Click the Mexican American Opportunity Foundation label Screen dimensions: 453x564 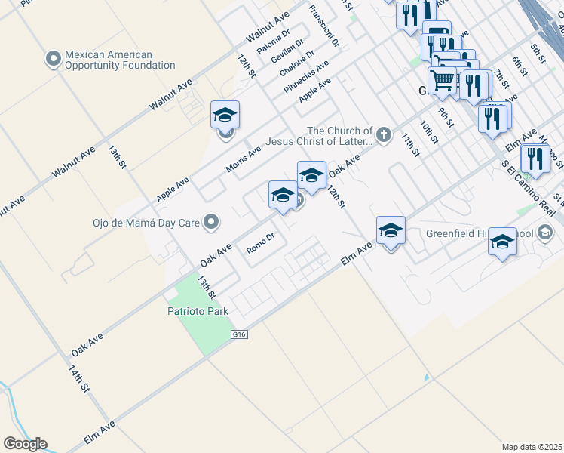point(119,60)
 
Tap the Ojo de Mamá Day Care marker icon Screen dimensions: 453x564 point(212,222)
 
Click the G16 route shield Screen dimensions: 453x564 point(241,332)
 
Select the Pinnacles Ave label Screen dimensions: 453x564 point(307,76)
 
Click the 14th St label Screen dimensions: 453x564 point(78,378)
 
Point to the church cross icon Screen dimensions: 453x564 point(384,136)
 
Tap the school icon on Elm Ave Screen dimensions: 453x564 point(391,230)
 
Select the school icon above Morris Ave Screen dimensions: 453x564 point(225,115)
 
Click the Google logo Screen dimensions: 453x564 point(25,444)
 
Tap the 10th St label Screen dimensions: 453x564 point(429,132)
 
